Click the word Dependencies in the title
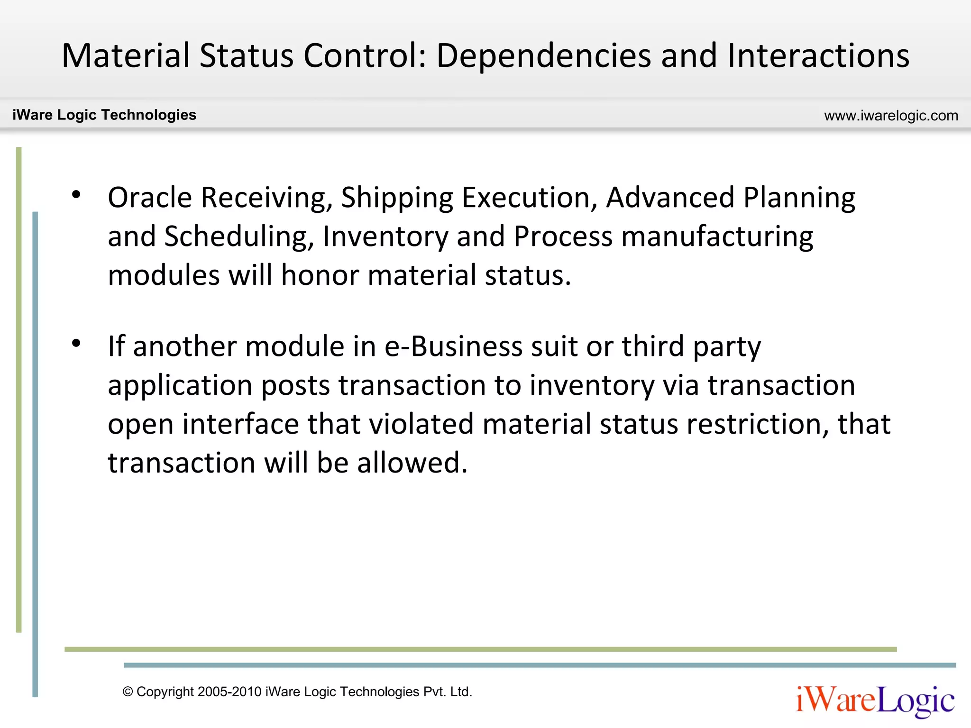pyautogui.click(x=543, y=56)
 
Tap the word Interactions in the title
pyautogui.click(x=818, y=56)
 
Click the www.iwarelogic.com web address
pyautogui.click(x=891, y=116)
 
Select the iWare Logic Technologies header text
pyautogui.click(x=104, y=115)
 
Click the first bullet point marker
pyautogui.click(x=76, y=194)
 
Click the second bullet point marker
pyautogui.click(x=76, y=343)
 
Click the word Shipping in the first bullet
pyautogui.click(x=397, y=198)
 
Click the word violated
pyautogui.click(x=421, y=424)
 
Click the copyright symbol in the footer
pyautogui.click(x=128, y=692)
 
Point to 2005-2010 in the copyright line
pyautogui.click(x=229, y=692)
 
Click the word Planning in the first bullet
pyautogui.click(x=799, y=198)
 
